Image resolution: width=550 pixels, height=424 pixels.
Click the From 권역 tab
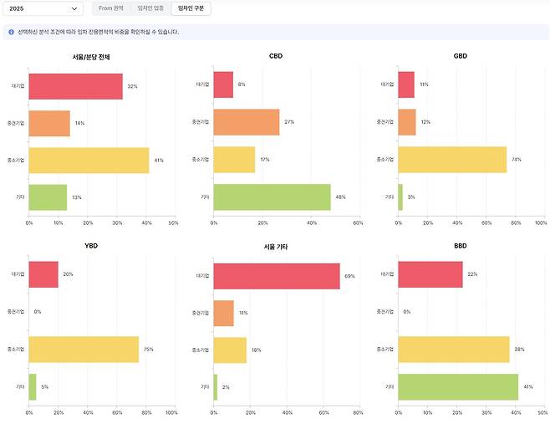click(111, 8)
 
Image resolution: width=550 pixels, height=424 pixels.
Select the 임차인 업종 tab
click(150, 8)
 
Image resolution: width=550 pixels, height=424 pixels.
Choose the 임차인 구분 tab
click(191, 8)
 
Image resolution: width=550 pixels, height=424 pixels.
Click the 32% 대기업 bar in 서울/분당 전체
click(76, 86)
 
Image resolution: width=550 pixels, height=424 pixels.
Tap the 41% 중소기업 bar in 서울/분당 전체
click(89, 161)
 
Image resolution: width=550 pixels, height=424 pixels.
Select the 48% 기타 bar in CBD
click(272, 197)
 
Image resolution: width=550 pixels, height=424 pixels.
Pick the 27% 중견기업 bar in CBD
click(247, 122)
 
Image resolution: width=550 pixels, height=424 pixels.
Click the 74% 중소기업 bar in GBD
click(452, 160)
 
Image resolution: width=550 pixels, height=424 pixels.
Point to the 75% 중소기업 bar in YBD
click(84, 349)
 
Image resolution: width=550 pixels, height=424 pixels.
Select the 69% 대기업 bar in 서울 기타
click(277, 276)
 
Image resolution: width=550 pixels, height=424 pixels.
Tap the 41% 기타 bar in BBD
click(458, 386)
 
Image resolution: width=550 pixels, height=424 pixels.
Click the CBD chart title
click(275, 56)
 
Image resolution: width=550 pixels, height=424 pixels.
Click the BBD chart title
click(460, 247)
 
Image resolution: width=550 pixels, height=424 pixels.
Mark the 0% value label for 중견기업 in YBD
click(38, 312)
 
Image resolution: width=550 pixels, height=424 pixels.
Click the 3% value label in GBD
click(410, 197)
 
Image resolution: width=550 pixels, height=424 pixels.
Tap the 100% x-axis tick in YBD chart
click(171, 412)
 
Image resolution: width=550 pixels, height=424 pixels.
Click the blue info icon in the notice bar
click(11, 32)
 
